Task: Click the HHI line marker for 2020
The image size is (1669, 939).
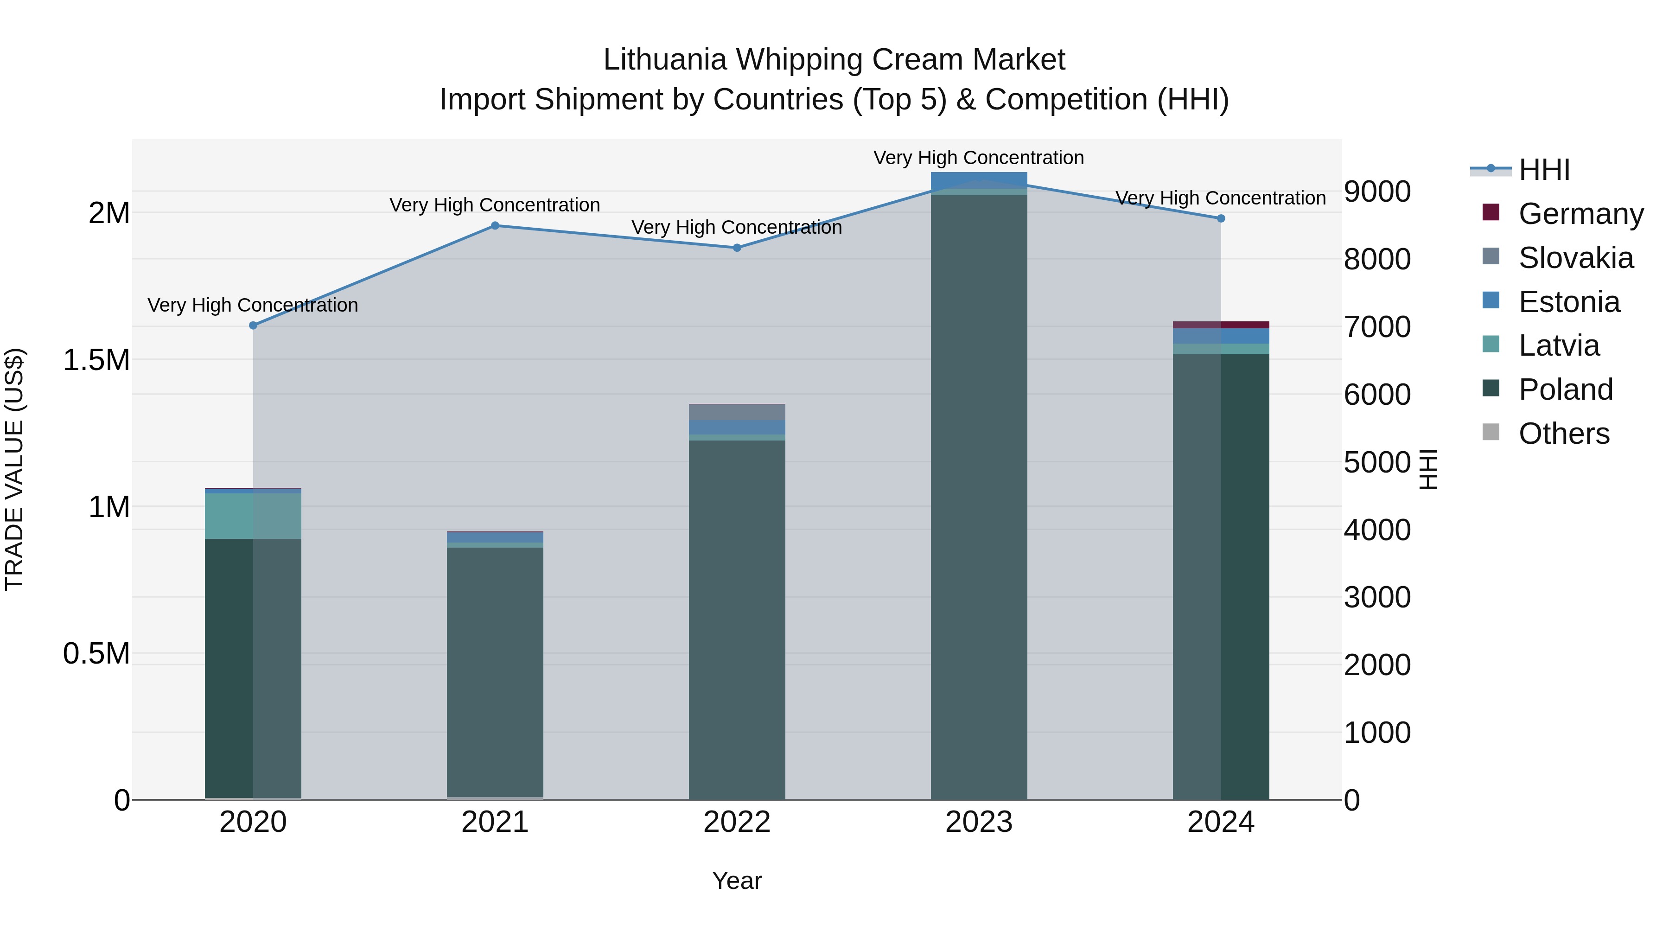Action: [253, 326]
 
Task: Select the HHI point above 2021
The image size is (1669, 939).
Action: [495, 225]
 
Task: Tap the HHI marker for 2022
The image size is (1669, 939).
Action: [737, 248]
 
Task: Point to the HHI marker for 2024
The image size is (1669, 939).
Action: [1221, 218]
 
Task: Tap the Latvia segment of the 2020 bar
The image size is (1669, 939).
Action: [253, 516]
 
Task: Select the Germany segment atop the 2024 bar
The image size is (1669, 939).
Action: [1221, 325]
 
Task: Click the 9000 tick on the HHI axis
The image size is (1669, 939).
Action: [1377, 192]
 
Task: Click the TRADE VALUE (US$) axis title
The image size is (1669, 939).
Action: [15, 469]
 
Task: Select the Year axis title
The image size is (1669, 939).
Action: [737, 881]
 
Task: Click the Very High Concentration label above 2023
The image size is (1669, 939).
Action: [978, 158]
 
